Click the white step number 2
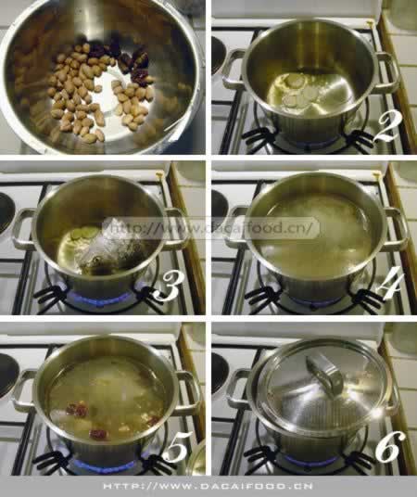(x=386, y=127)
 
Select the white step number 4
(x=390, y=284)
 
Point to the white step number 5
(x=177, y=447)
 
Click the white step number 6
(x=390, y=446)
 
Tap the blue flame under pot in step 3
(x=101, y=299)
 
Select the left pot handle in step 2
(x=232, y=70)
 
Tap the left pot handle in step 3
(x=22, y=229)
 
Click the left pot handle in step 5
(x=23, y=390)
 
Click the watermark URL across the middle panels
(x=210, y=228)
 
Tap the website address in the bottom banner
(x=208, y=486)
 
